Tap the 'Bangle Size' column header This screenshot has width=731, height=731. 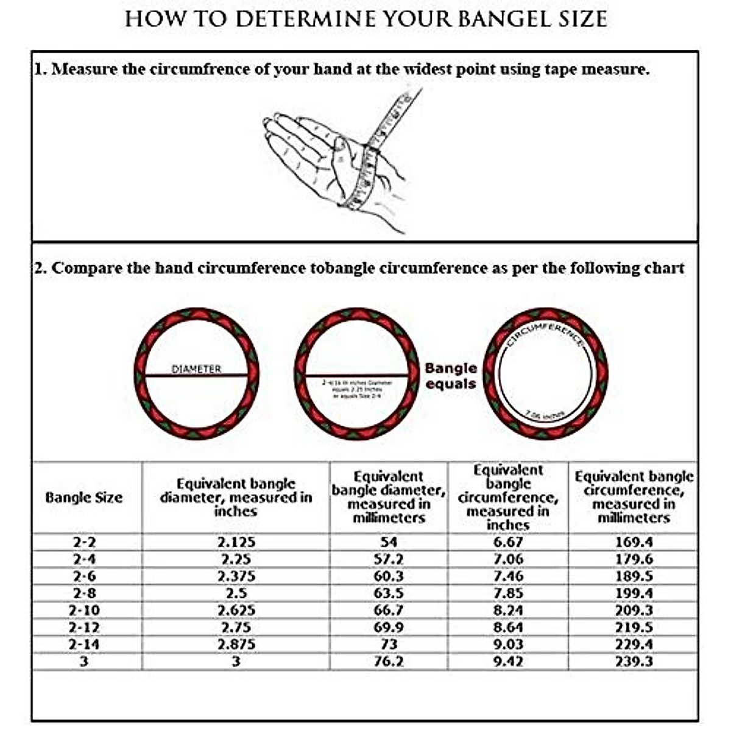coord(84,498)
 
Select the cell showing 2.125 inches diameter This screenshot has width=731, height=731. coord(236,542)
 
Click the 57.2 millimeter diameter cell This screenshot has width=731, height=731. coord(388,559)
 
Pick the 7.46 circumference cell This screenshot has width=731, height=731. coord(507,576)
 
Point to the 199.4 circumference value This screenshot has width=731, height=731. coord(634,593)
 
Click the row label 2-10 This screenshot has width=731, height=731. coord(84,610)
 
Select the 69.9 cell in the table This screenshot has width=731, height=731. coord(388,627)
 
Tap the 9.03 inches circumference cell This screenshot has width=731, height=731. coord(507,644)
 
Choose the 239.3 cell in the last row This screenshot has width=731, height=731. coord(634,662)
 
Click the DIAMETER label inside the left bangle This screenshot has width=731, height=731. coord(196,369)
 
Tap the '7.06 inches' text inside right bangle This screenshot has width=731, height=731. coord(545,415)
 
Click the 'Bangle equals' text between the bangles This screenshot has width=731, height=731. coord(451,376)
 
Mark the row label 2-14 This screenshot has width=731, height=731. coord(84,644)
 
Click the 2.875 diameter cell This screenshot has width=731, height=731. coord(236,644)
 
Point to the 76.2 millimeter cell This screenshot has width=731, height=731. coord(388,662)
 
